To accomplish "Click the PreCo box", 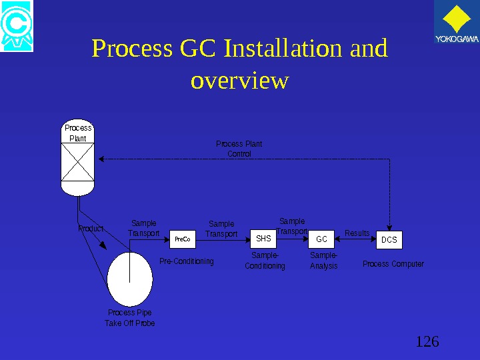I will pyautogui.click(x=182, y=239).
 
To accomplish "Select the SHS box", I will pyautogui.click(x=263, y=238).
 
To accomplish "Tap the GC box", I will pyautogui.click(x=321, y=239).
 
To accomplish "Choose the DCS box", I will pyautogui.click(x=389, y=239).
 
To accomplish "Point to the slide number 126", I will pyautogui.click(x=427, y=342).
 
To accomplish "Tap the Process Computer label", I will pyautogui.click(x=393, y=264).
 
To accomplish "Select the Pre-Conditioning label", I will pyautogui.click(x=187, y=261).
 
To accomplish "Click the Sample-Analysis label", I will pyautogui.click(x=324, y=261).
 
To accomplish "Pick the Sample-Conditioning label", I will pyautogui.click(x=265, y=261).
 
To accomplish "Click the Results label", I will pyautogui.click(x=357, y=233).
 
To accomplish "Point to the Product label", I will pyautogui.click(x=91, y=229).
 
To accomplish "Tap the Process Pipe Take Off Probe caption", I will pyautogui.click(x=129, y=318).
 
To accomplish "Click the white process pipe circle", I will pyautogui.click(x=129, y=279).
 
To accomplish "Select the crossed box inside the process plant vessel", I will pyautogui.click(x=77, y=161).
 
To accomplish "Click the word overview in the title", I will pyautogui.click(x=239, y=81).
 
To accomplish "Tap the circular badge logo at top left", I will pyautogui.click(x=17, y=27).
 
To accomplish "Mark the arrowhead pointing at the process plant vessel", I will pyautogui.click(x=101, y=159).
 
